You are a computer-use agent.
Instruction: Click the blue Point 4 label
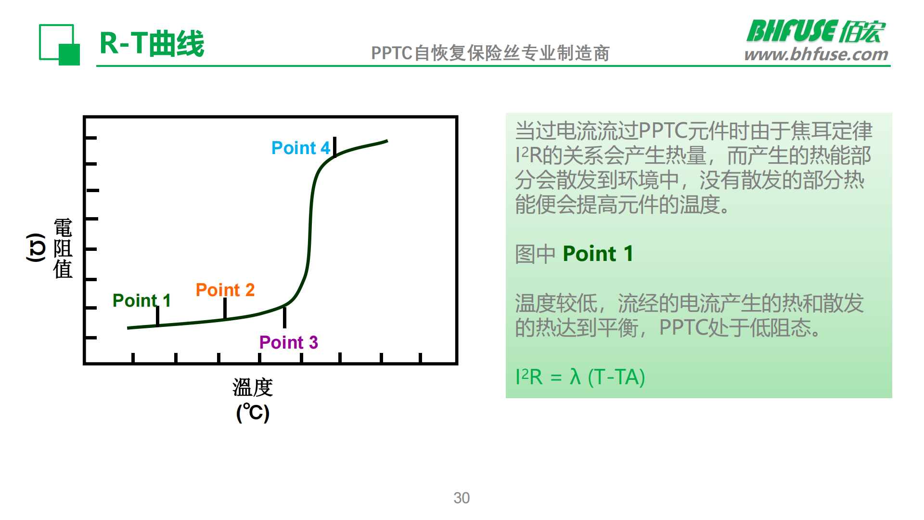(301, 148)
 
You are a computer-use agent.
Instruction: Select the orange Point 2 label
(225, 290)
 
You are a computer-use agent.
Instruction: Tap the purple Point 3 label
(288, 342)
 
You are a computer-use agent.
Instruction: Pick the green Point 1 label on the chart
(141, 300)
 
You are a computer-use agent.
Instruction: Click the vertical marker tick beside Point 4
(334, 147)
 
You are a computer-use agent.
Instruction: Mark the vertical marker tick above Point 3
(284, 317)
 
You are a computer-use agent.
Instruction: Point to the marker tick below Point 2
(225, 309)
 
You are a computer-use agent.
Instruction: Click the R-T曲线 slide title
(152, 43)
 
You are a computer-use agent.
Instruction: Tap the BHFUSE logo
(816, 31)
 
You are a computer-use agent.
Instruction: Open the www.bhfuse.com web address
(816, 54)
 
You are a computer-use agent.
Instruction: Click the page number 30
(462, 498)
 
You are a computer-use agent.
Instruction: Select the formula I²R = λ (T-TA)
(580, 377)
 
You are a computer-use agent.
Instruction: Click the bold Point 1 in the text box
(598, 254)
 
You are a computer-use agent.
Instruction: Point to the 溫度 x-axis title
(253, 388)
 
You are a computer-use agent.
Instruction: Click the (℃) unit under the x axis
(253, 413)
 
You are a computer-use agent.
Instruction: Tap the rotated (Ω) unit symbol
(36, 247)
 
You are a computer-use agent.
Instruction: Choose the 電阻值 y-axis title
(63, 248)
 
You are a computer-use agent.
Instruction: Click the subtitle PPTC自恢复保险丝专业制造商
(490, 53)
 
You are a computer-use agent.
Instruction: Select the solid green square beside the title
(69, 54)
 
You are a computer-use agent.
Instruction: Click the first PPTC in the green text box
(663, 131)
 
